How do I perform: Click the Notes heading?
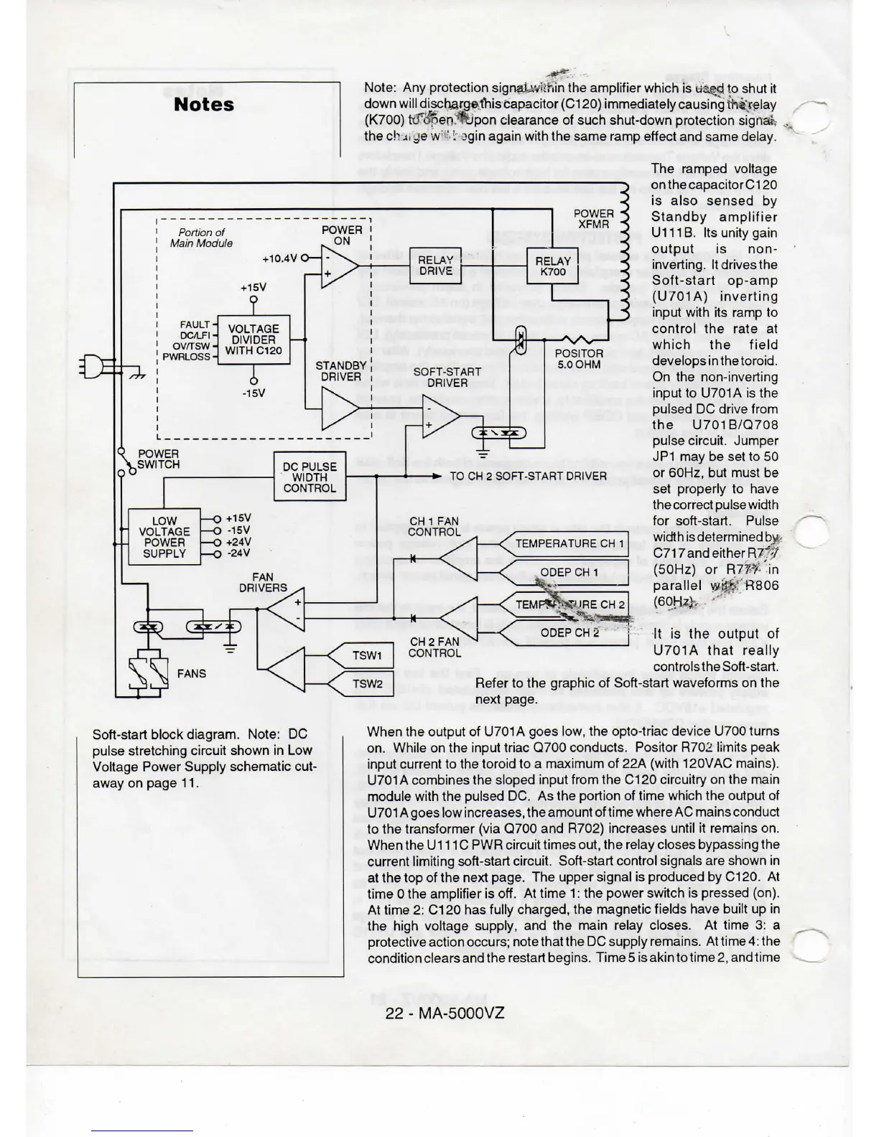204,105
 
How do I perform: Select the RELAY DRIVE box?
435,266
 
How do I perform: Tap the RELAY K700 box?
552,266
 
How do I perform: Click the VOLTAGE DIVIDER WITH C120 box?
254,340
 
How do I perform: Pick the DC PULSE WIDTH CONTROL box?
310,477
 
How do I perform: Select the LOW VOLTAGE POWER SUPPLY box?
164,537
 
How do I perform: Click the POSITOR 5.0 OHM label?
579,359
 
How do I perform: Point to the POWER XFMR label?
594,219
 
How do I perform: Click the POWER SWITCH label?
158,459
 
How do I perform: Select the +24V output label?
238,542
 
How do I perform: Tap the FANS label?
191,673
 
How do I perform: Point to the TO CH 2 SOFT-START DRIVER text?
528,476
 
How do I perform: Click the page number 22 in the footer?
395,1013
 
